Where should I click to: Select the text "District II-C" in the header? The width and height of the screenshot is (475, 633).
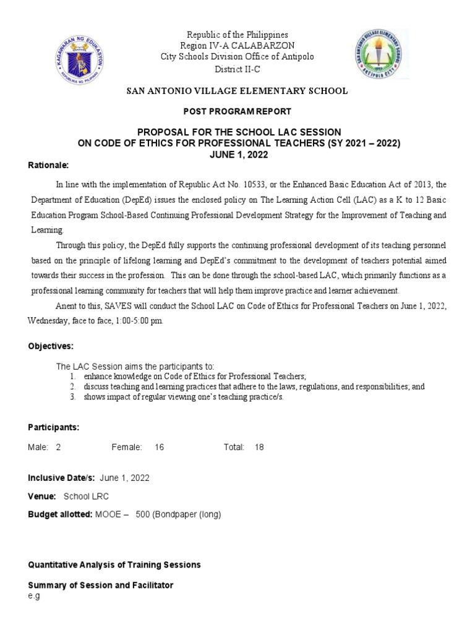pos(237,69)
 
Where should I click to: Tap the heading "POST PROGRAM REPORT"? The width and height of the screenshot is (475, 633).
pos(237,112)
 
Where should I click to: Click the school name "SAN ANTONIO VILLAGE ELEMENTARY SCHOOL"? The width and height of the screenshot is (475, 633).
pos(237,91)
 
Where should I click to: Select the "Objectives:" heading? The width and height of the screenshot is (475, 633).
pos(51,346)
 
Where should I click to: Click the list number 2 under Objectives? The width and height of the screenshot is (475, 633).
pos(72,386)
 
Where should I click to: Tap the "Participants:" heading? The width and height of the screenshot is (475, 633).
pos(53,427)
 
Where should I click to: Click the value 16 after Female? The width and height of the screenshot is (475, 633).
pos(160,447)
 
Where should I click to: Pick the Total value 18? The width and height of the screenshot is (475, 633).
pos(259,447)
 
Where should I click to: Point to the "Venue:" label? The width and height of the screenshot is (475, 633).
pos(42,496)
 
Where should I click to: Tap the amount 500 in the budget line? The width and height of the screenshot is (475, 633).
pos(143,514)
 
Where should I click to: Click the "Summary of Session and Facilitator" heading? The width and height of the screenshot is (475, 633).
pos(101,585)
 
